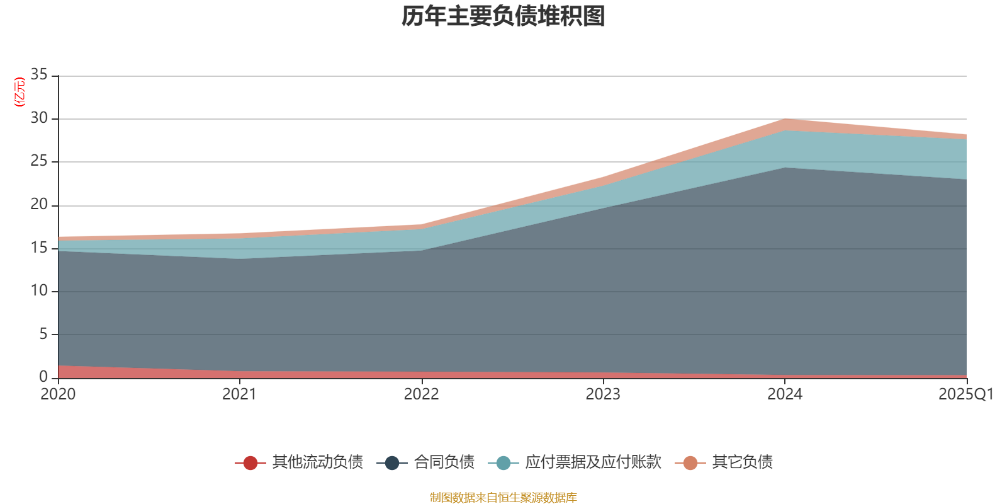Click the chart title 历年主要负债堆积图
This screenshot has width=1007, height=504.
(503, 16)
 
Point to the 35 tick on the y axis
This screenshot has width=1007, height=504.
(39, 75)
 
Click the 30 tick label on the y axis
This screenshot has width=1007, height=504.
(39, 118)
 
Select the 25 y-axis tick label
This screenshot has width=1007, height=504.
(39, 161)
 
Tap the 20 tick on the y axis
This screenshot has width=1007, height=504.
(39, 204)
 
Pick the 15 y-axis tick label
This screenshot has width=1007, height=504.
(39, 248)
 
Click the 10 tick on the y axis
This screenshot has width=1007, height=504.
(39, 290)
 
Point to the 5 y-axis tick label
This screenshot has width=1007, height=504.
(43, 334)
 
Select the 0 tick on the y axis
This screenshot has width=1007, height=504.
(43, 377)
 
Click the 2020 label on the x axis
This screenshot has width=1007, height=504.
(58, 394)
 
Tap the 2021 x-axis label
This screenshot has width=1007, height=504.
(240, 394)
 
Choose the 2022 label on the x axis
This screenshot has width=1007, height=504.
(421, 394)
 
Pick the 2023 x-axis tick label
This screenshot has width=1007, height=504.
(603, 394)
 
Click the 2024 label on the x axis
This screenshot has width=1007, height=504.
(785, 394)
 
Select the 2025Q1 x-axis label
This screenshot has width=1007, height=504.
(965, 394)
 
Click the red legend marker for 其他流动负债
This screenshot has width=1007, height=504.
(250, 463)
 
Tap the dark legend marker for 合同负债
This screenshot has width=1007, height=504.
(392, 463)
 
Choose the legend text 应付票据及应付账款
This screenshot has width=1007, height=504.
(593, 462)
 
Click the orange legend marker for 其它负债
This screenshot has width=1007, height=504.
(690, 463)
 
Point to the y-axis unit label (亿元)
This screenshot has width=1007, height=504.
(20, 92)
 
